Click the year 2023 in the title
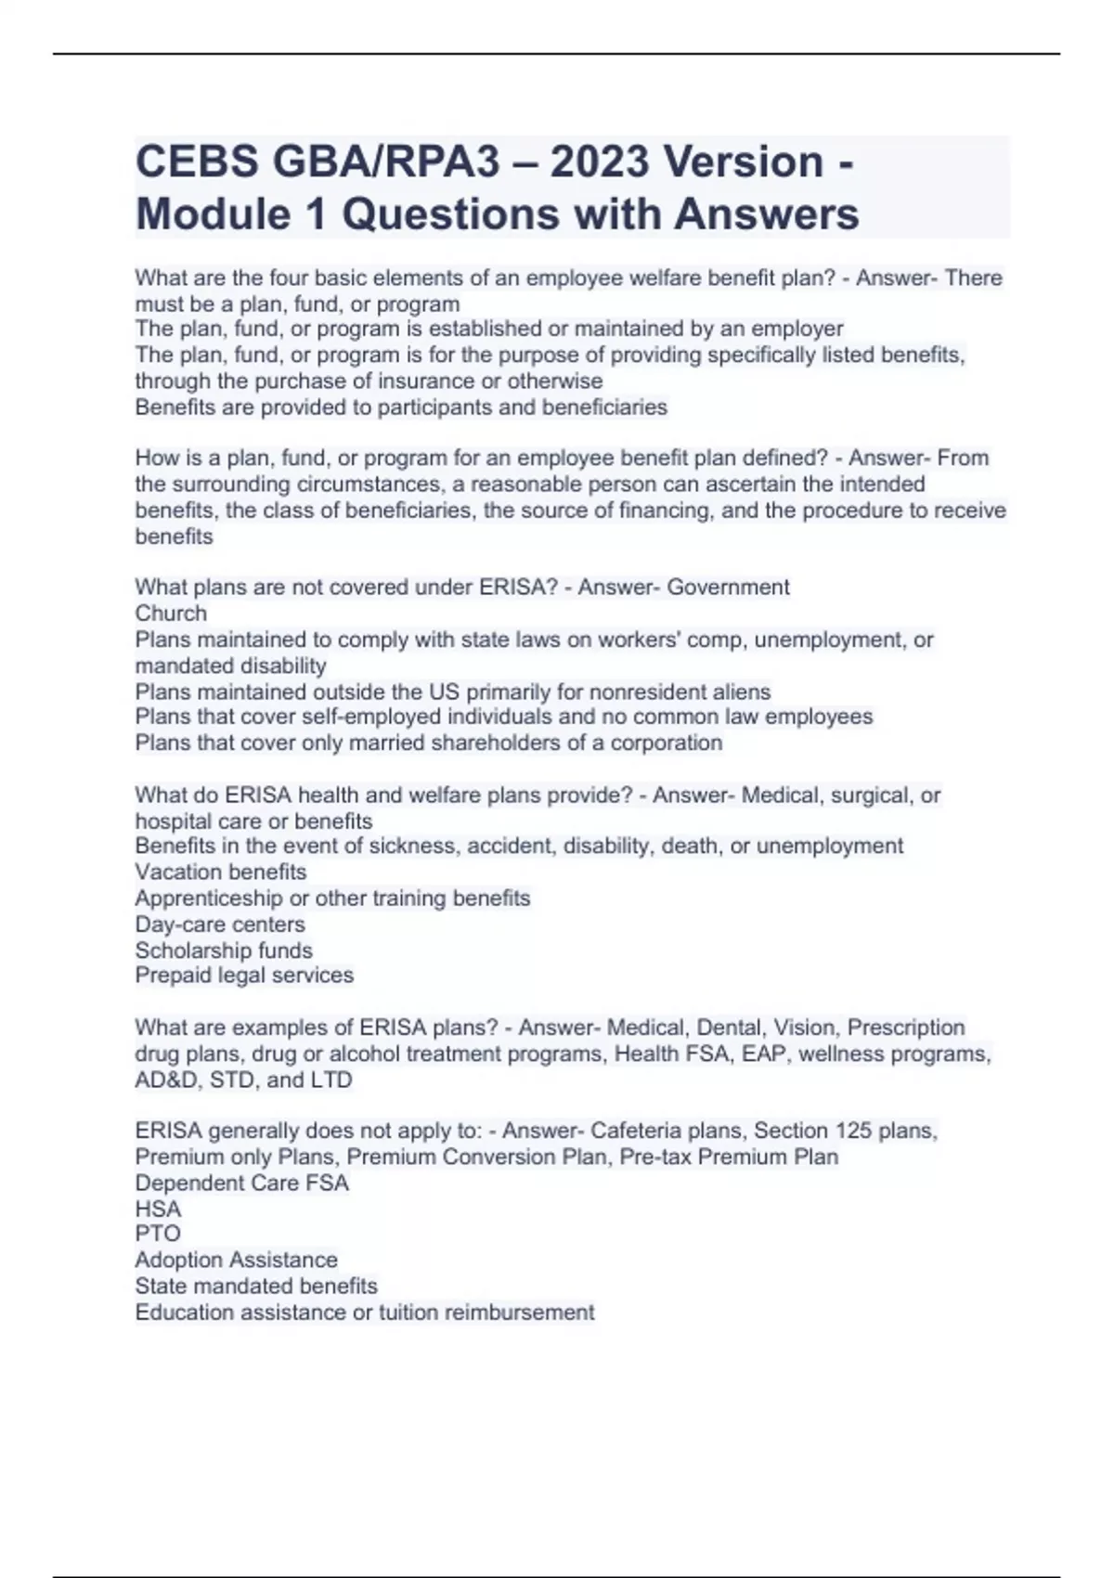(x=600, y=162)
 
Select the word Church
(x=171, y=614)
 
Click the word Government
(x=729, y=588)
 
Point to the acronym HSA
(x=158, y=1209)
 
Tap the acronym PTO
(x=158, y=1234)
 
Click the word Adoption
(x=178, y=1260)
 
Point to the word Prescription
(x=906, y=1028)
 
